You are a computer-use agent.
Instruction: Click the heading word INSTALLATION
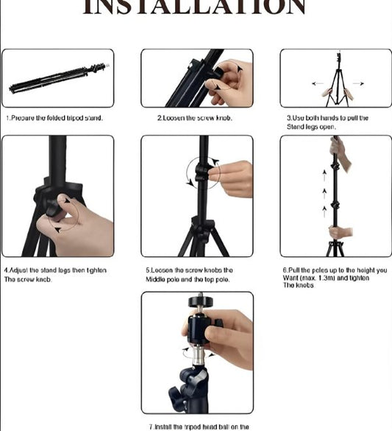194,7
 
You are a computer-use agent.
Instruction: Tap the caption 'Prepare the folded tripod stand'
54,118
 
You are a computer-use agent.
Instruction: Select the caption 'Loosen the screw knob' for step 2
194,118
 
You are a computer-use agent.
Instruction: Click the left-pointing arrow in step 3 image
317,83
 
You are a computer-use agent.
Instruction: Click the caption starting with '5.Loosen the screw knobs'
189,270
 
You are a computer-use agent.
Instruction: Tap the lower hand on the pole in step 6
340,232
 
